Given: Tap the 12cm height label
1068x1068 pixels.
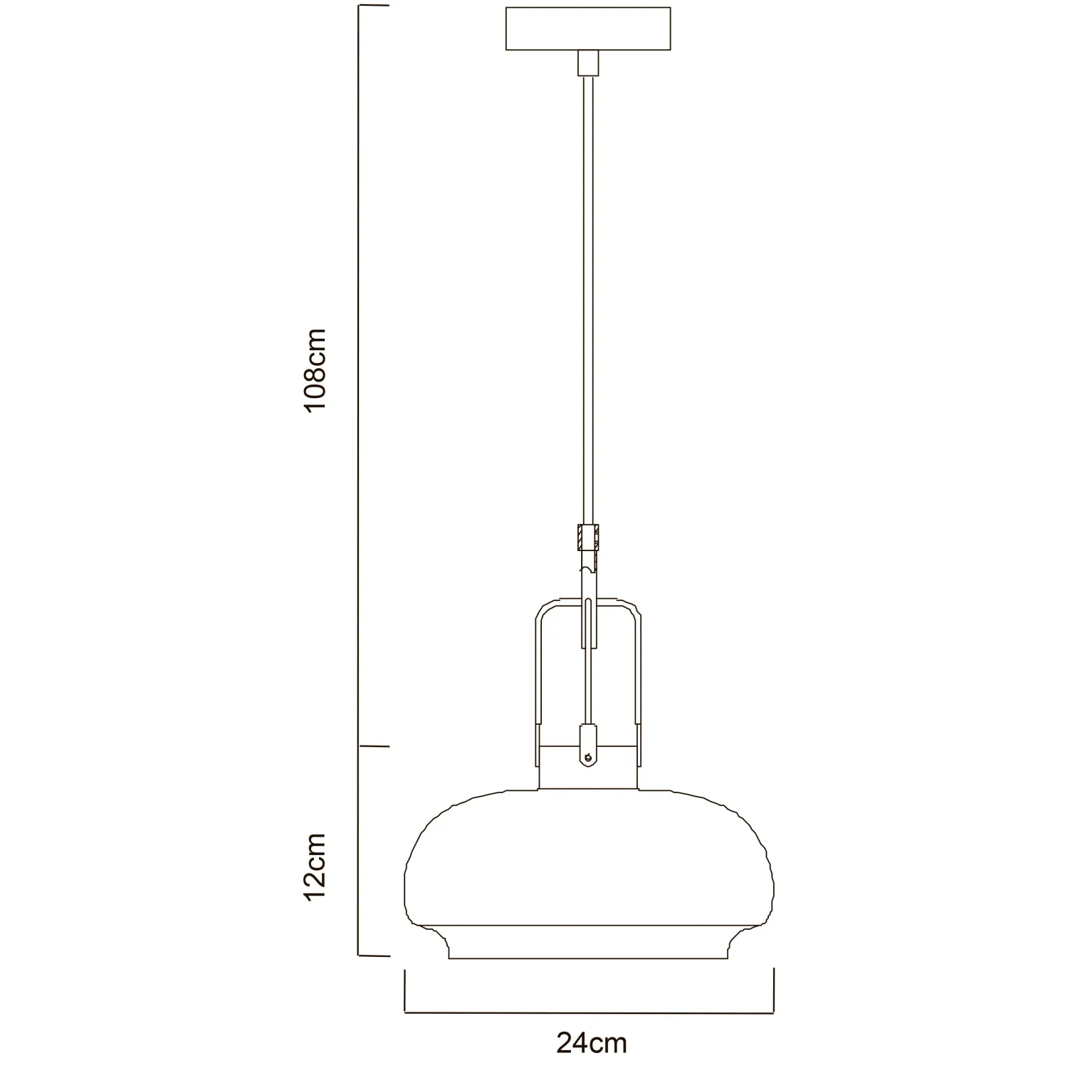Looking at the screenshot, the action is [x=314, y=865].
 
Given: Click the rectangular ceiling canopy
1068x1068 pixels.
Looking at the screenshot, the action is [x=588, y=29].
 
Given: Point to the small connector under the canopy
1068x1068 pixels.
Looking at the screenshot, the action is [x=588, y=63].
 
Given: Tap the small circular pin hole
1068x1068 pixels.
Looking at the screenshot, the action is [x=587, y=757].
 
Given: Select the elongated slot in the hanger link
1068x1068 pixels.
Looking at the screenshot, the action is [x=587, y=623].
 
